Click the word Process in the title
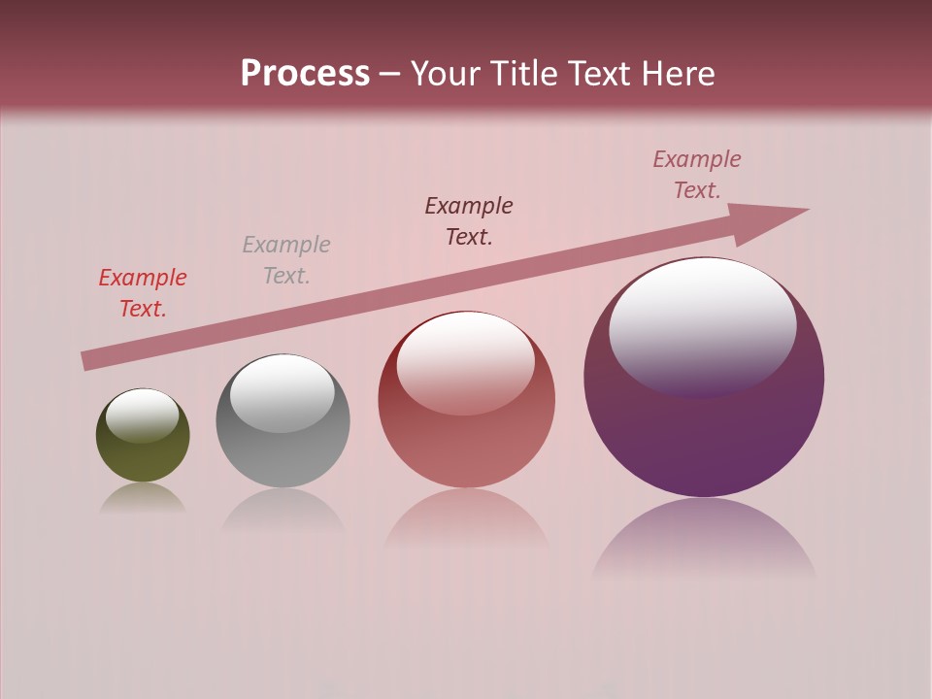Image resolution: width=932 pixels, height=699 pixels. pos(305,74)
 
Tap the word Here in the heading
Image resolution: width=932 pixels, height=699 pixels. pos(676,74)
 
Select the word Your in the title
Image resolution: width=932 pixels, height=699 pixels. pos(445,74)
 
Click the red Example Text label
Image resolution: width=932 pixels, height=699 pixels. pos(143,293)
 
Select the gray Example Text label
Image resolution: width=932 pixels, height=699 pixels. pos(286,260)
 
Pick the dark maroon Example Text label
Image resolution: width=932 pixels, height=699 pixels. pos(469,221)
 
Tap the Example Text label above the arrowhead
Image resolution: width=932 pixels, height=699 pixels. pos(697,175)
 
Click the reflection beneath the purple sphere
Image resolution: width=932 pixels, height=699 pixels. pos(704,539)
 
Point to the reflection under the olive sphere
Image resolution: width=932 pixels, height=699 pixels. pos(143,499)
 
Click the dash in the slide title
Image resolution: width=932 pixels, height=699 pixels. pos(390,74)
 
